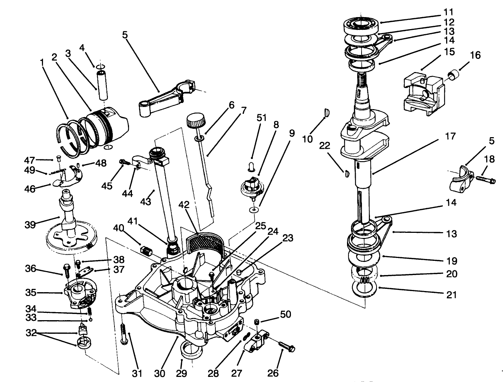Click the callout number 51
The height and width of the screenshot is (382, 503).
coord(262,118)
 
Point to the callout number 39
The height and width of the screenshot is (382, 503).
coord(30,224)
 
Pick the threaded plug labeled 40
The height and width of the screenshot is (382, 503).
coord(146,251)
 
